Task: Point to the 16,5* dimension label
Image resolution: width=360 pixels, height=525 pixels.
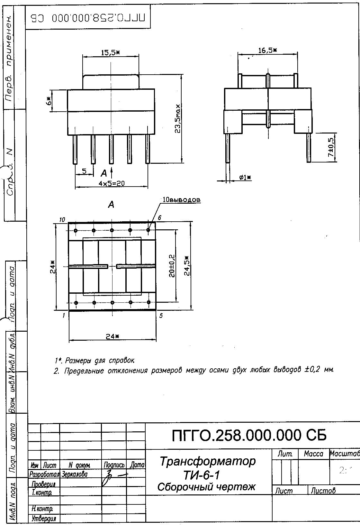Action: point(267,50)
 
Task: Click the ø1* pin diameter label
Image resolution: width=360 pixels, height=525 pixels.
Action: point(245,177)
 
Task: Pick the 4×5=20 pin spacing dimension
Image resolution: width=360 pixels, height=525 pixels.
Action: point(112,184)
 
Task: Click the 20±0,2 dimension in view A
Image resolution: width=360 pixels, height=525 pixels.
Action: point(172,266)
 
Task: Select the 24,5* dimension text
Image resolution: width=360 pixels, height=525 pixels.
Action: point(187,266)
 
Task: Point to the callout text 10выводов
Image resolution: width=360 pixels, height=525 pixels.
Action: point(181,200)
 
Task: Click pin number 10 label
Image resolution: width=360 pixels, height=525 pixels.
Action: point(62,220)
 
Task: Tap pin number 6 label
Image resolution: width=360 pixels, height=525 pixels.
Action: point(159,218)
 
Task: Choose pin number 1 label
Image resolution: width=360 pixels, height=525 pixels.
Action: point(64,316)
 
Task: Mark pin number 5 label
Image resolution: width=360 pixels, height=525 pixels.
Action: point(161,316)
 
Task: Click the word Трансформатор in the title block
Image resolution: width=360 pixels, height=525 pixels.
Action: point(208,461)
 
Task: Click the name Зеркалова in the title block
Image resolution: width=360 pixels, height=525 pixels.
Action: point(74,474)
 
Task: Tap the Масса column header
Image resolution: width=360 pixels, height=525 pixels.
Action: point(313,454)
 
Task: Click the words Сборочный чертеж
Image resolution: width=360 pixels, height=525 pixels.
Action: point(206,487)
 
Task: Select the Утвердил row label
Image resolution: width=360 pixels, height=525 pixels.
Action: point(44,519)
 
